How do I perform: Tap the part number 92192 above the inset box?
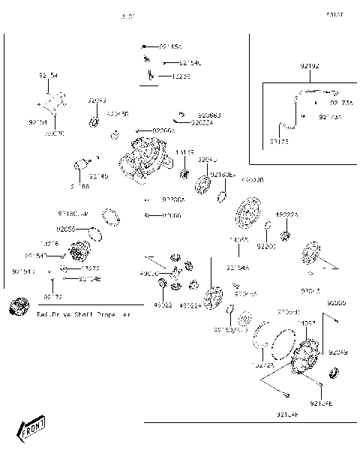pos(309,67)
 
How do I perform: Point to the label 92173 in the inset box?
pos(278,141)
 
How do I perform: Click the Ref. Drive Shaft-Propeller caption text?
pos(82,315)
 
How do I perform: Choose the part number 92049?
pos(337,352)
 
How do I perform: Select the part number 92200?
pos(267,245)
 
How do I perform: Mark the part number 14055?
pos(238,240)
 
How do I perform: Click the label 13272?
pos(91,268)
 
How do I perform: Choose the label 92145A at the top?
pos(164,46)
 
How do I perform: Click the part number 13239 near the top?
pos(181,76)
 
